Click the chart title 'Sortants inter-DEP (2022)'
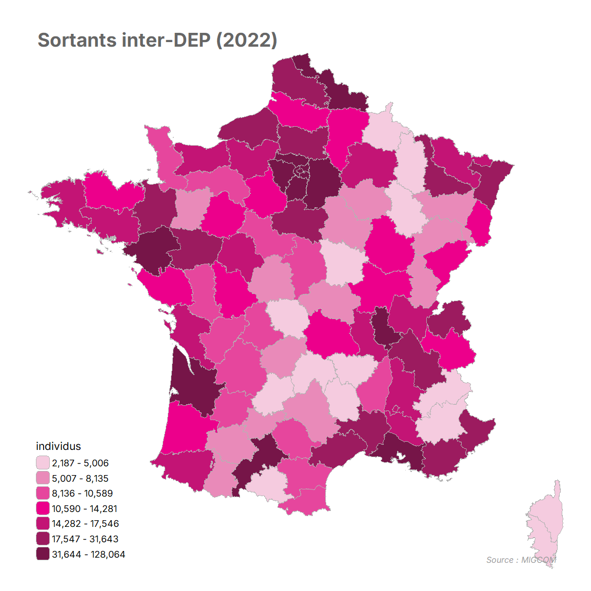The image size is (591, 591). (157, 40)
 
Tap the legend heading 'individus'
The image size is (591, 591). (58, 446)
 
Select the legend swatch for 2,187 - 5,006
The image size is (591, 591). (43, 462)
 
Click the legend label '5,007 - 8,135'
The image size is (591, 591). (80, 478)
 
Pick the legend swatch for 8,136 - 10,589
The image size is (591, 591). (43, 493)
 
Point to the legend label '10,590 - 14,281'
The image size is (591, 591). (85, 508)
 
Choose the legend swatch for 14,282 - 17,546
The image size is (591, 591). (43, 523)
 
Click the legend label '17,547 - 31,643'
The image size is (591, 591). (85, 539)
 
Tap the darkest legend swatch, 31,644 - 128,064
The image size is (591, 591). (43, 554)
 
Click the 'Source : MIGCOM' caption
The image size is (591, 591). (521, 560)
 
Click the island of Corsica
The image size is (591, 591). (546, 522)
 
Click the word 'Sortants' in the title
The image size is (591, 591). (77, 40)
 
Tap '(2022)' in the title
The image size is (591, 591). (247, 40)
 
